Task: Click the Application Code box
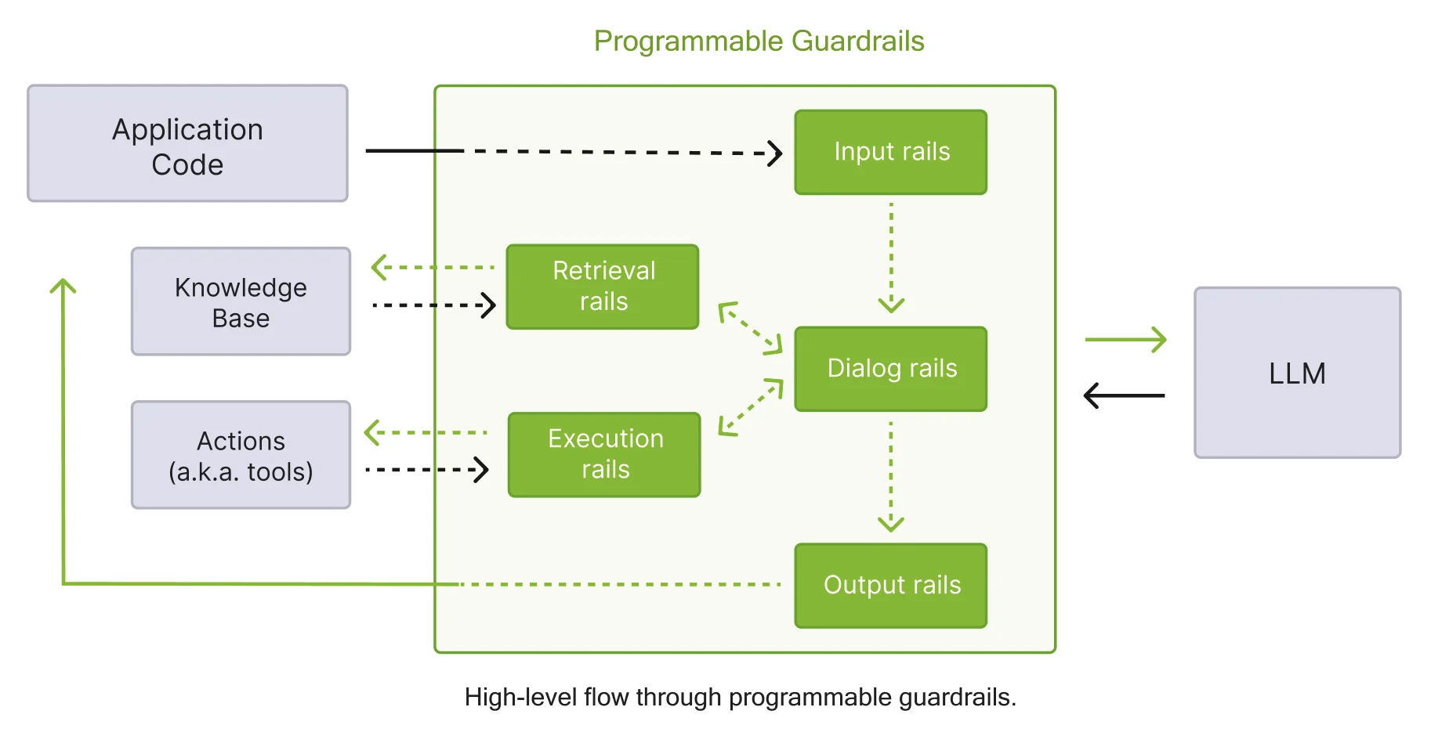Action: pos(187,144)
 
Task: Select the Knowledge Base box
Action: pos(241,302)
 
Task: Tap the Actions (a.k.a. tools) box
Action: pos(241,456)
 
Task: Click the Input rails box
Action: pos(890,152)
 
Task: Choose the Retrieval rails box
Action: pos(602,287)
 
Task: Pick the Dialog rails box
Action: pos(890,369)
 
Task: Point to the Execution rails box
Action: pos(603,455)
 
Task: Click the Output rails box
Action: pos(890,586)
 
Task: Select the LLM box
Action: pos(1296,373)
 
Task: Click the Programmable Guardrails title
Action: pos(759,41)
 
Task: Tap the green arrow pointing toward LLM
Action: pos(1125,340)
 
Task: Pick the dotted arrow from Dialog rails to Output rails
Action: pos(891,475)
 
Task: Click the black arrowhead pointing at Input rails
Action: pos(773,153)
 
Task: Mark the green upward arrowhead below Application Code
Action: pos(63,287)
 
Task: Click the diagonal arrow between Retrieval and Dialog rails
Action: pos(751,328)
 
